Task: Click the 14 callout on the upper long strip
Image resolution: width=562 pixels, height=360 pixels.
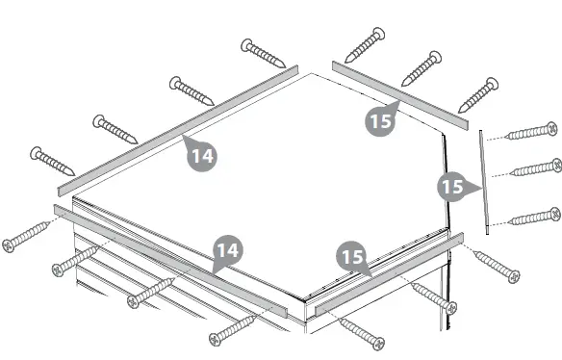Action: [200, 154]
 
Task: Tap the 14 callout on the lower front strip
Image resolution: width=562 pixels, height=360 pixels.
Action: [226, 252]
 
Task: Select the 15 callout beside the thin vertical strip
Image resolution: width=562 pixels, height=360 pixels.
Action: [452, 186]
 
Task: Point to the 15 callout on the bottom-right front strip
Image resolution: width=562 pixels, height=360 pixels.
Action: [351, 257]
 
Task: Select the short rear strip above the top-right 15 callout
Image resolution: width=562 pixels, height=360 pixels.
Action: [399, 94]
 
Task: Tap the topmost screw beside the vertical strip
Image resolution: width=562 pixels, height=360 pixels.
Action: [532, 131]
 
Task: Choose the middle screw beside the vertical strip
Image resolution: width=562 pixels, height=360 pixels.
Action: [535, 168]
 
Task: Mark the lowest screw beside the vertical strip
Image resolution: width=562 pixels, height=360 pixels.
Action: [534, 217]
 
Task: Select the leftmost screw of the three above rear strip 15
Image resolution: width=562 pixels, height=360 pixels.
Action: [365, 45]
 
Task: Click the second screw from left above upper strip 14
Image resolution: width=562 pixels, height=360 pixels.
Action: [116, 128]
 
